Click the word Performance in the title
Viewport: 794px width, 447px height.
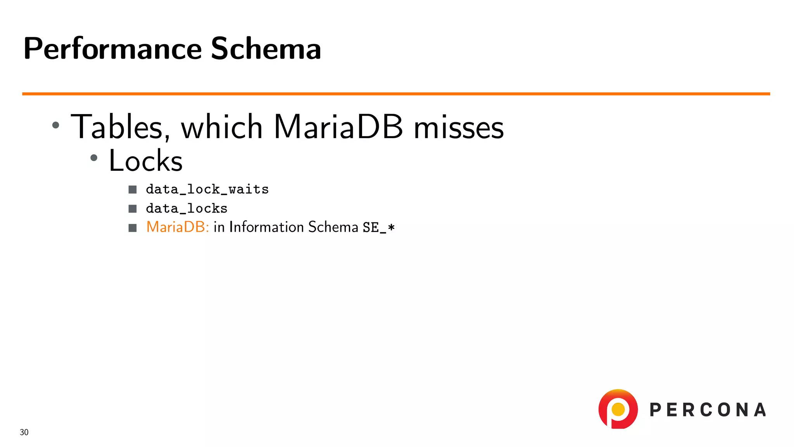[112, 49]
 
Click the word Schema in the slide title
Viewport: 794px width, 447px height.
[266, 49]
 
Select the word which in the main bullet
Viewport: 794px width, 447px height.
[222, 127]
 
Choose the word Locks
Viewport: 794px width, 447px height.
[145, 161]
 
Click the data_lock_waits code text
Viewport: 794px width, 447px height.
[207, 189]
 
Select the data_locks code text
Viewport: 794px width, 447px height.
[186, 208]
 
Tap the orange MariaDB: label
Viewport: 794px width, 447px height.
[178, 227]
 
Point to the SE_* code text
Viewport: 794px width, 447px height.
[379, 227]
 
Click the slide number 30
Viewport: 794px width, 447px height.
[24, 432]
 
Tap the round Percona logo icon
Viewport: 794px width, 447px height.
[618, 409]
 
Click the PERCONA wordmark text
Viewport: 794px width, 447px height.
[708, 410]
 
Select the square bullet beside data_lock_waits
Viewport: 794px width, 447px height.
[133, 189]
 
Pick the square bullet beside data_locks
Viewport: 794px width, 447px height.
[133, 209]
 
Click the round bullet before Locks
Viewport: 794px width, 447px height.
[94, 158]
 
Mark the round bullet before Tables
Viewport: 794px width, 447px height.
[56, 125]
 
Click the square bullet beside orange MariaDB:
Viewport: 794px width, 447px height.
[133, 228]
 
